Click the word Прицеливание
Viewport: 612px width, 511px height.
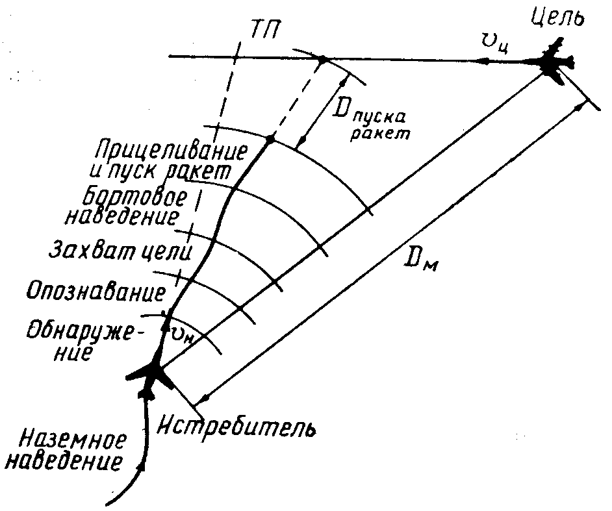(x=170, y=151)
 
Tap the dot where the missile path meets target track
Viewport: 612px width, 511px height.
(x=321, y=60)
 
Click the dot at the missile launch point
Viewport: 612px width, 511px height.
(x=270, y=138)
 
